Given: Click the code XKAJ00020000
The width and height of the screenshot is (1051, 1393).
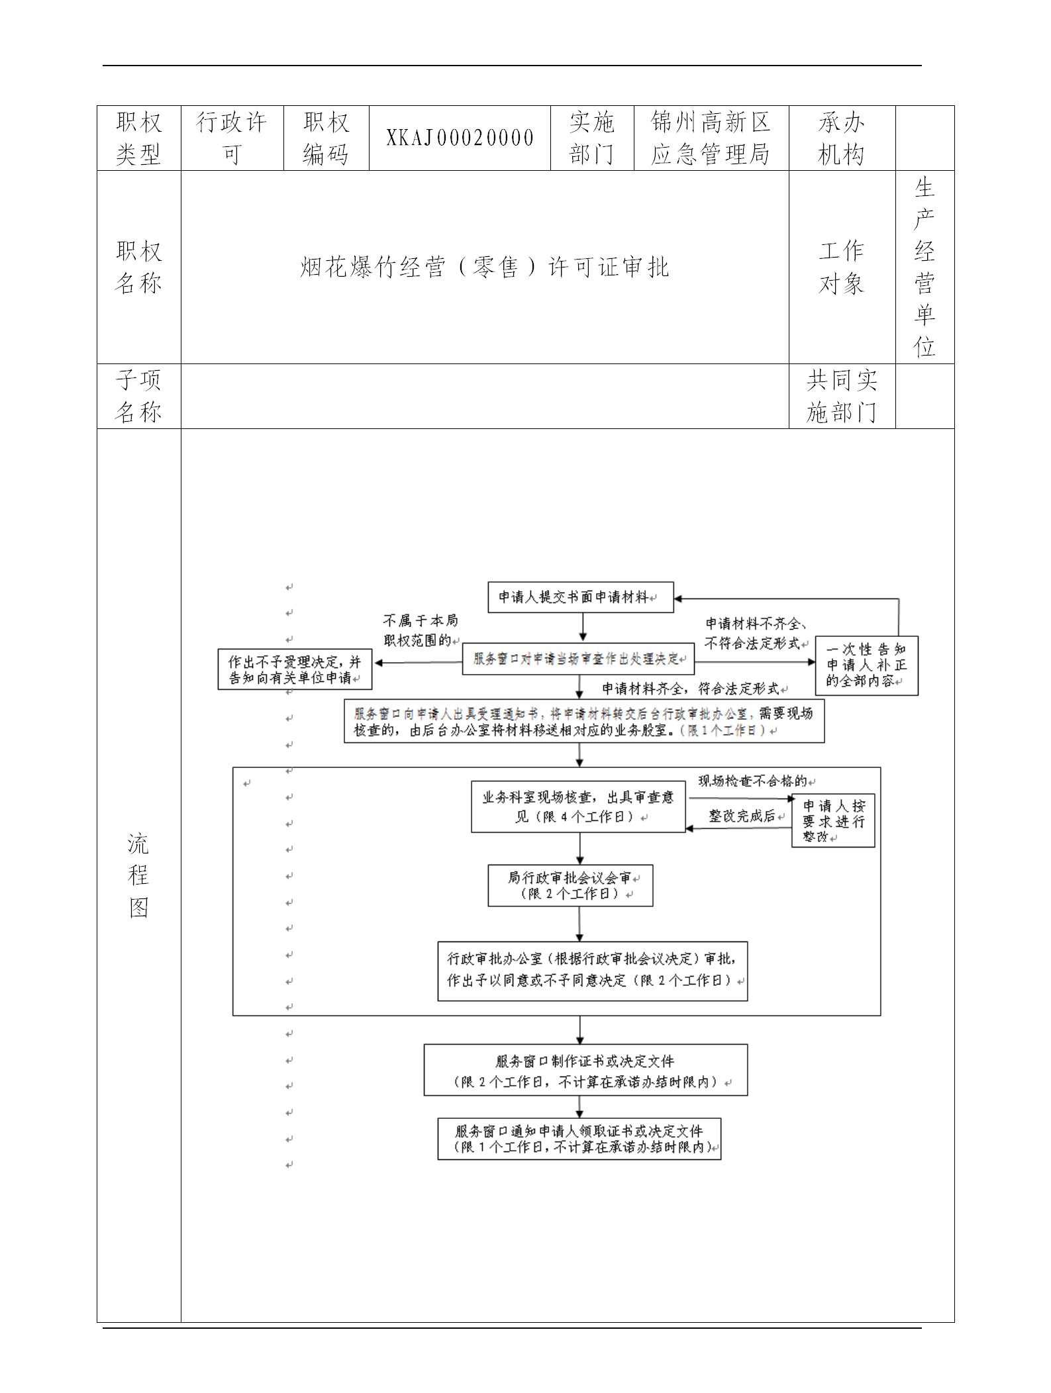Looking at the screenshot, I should (x=460, y=138).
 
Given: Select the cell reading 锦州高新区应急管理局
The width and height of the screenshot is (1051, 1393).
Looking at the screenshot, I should (x=711, y=138).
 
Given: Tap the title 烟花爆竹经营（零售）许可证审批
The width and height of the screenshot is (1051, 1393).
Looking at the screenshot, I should (x=485, y=267).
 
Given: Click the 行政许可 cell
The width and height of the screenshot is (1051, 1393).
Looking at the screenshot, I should (x=232, y=138).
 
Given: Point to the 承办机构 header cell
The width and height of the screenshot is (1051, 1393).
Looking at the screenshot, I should (x=841, y=138).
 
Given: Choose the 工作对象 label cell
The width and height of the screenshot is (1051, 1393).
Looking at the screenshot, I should (x=841, y=267).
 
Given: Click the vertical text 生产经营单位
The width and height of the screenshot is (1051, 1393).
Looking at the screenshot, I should (x=925, y=267).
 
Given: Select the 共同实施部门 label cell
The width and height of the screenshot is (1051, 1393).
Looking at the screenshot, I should (x=841, y=396).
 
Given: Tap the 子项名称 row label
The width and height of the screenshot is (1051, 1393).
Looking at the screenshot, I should (x=138, y=396).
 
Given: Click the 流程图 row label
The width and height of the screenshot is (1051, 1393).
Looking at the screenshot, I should (x=138, y=875).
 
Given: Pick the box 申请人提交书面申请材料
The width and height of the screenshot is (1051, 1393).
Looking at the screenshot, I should (x=580, y=597).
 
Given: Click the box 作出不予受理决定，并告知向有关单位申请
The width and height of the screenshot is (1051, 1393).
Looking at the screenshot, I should (x=295, y=669).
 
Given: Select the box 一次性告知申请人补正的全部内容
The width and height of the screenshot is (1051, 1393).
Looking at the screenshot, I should (x=866, y=665).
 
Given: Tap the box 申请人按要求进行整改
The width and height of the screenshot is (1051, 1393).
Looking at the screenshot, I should (x=833, y=820).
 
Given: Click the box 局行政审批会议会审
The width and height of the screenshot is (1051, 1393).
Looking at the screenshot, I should (x=570, y=885).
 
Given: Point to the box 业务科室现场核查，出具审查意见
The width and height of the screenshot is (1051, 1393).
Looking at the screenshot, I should (x=578, y=807).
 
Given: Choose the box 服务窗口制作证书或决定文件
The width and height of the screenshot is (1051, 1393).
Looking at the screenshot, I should (x=585, y=1071).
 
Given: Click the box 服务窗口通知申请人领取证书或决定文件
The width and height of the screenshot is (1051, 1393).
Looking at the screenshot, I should (x=579, y=1139).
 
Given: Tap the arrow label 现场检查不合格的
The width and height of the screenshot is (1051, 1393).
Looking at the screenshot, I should (x=752, y=781).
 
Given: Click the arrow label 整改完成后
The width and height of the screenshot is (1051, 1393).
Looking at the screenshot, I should (x=742, y=816).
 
